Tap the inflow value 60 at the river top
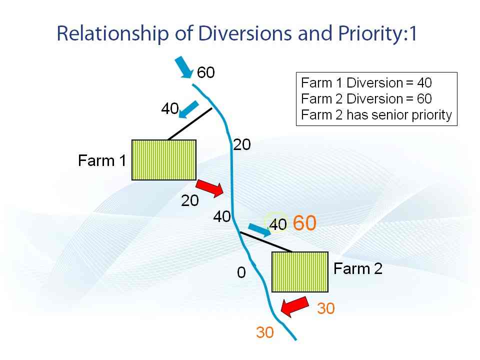click(205, 72)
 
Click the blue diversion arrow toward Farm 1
click(188, 109)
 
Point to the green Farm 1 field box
click(164, 160)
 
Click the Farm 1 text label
click(102, 160)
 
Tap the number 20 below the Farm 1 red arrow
click(190, 201)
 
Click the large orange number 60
click(304, 223)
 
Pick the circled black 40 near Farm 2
click(278, 224)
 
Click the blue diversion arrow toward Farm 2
click(259, 230)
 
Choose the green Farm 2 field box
click(300, 272)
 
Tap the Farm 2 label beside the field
click(358, 268)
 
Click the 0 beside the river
click(241, 272)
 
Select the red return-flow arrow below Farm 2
click(294, 307)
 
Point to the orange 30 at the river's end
click(265, 332)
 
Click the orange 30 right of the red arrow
click(326, 308)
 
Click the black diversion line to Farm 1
click(190, 123)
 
